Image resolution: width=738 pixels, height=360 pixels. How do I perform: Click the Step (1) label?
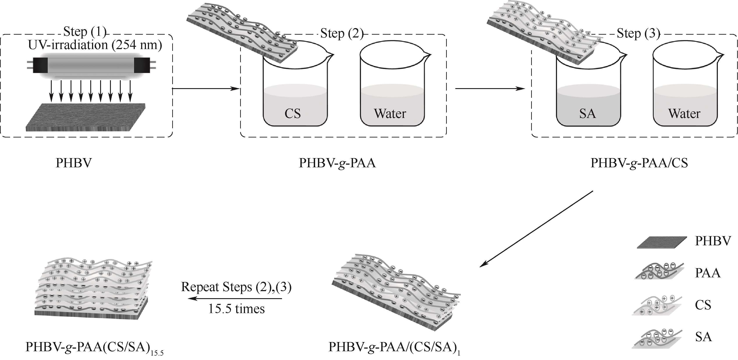pyautogui.click(x=85, y=32)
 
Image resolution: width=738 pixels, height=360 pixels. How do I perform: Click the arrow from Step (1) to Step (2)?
pyautogui.click(x=206, y=89)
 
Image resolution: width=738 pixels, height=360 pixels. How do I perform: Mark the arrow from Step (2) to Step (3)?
pyautogui.click(x=490, y=89)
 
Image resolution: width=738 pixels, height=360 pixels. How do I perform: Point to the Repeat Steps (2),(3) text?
pyautogui.click(x=236, y=287)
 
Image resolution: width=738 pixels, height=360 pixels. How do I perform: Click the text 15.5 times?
pyautogui.click(x=236, y=309)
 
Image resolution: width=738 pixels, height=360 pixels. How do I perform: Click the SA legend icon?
pyautogui.click(x=658, y=338)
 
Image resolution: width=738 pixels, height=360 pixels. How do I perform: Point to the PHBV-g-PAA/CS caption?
pyautogui.click(x=639, y=163)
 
